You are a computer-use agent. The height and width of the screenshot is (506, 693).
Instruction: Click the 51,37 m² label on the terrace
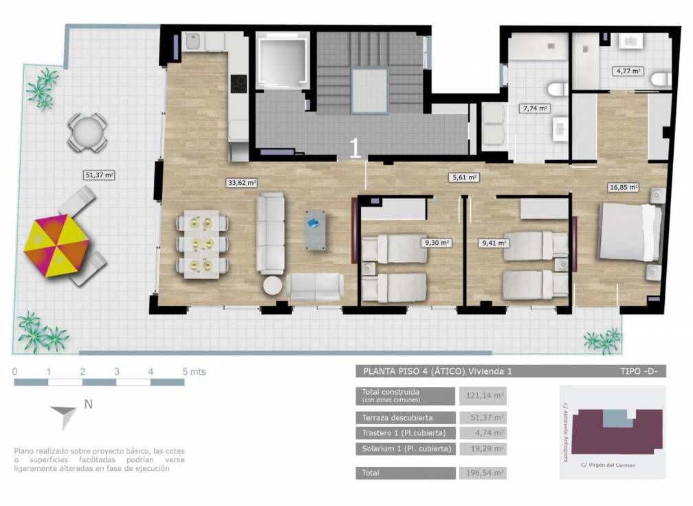[99, 175]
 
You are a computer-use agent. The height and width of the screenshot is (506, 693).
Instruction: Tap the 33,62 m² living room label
[242, 183]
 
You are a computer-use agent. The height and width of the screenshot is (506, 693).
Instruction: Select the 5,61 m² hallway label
[464, 177]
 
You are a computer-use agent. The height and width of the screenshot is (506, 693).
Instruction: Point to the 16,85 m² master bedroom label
[624, 187]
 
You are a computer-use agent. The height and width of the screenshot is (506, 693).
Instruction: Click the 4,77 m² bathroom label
[628, 71]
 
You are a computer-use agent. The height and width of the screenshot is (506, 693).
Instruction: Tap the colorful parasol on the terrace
[56, 245]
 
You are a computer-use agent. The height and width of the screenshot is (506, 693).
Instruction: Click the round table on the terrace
[87, 133]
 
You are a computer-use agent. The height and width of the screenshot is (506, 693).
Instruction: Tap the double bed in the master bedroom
[630, 232]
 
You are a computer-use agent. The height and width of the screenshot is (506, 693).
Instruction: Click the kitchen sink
[192, 43]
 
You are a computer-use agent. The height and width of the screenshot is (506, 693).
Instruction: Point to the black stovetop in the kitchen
[239, 84]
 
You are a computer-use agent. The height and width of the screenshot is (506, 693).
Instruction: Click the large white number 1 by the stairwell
[355, 148]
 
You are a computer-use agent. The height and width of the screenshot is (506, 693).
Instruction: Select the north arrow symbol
[65, 415]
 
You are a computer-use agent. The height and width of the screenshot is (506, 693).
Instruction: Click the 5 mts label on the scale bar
[194, 372]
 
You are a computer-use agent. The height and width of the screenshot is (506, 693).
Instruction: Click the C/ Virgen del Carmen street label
[608, 465]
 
